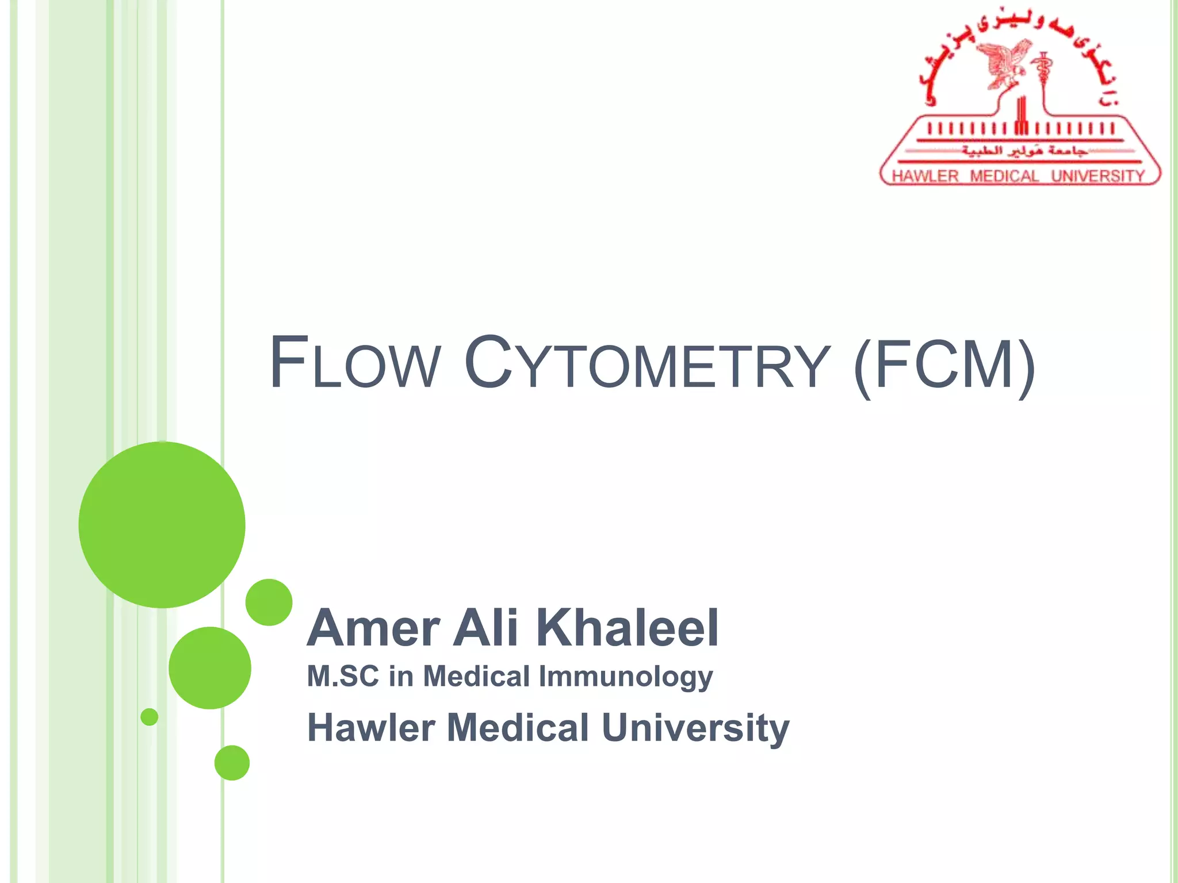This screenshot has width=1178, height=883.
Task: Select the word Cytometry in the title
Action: click(647, 364)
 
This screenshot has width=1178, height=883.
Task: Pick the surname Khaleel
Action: click(627, 628)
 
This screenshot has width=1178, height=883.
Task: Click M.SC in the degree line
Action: click(343, 676)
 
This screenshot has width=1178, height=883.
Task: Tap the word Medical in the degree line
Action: click(476, 676)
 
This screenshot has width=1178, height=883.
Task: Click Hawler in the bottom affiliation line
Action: click(371, 728)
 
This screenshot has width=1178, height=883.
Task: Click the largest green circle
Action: click(162, 524)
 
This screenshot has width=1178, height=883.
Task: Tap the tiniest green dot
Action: click(150, 717)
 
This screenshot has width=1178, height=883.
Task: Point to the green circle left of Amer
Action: click(269, 602)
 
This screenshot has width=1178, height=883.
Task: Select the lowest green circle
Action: click(232, 762)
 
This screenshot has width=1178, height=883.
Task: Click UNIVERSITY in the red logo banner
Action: click(1098, 176)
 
